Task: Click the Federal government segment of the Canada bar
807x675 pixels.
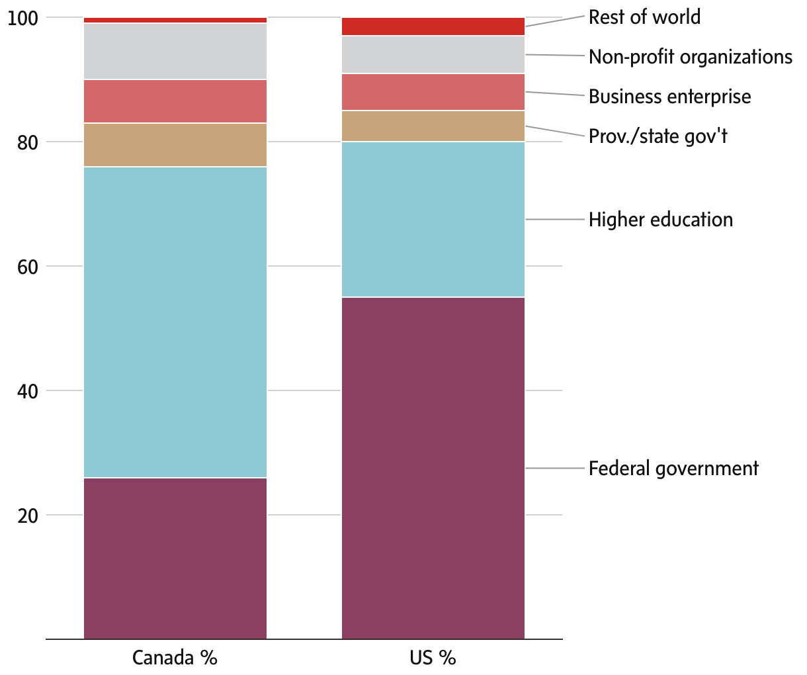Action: pyautogui.click(x=175, y=558)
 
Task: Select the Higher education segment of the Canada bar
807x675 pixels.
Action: pyautogui.click(x=175, y=322)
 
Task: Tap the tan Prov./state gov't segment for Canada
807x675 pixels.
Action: pyautogui.click(x=175, y=145)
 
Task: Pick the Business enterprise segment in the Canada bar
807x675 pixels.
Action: pyautogui.click(x=175, y=101)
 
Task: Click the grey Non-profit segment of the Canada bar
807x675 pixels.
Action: pyautogui.click(x=175, y=51)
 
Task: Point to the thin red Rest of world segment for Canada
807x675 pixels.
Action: pyautogui.click(x=175, y=21)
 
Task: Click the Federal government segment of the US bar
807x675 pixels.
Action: pyautogui.click(x=433, y=468)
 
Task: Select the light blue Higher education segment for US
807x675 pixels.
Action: pyautogui.click(x=433, y=219)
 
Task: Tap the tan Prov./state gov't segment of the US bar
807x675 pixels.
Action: pyautogui.click(x=433, y=126)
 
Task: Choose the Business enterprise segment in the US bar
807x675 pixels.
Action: pyautogui.click(x=433, y=92)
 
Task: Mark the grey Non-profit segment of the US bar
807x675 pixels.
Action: pyautogui.click(x=433, y=54)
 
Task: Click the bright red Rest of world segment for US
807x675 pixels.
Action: pyautogui.click(x=433, y=26)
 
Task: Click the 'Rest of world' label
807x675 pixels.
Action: pyautogui.click(x=644, y=17)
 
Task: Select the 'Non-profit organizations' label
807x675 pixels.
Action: pyautogui.click(x=690, y=57)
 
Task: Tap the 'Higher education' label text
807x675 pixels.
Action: pyautogui.click(x=661, y=220)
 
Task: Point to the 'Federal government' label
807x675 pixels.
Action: pyautogui.click(x=673, y=469)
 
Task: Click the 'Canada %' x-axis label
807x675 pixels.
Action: pyautogui.click(x=175, y=658)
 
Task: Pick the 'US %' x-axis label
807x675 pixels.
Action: pyautogui.click(x=433, y=658)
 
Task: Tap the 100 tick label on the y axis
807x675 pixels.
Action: pyautogui.click(x=24, y=19)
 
